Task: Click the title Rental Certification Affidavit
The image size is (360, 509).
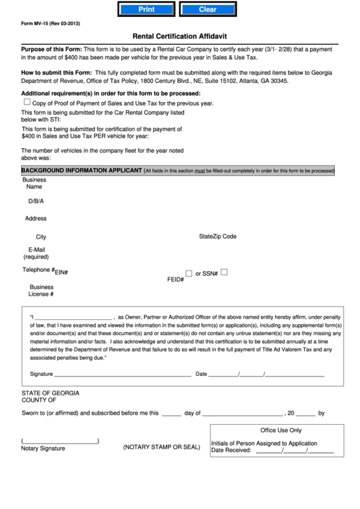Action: point(180,39)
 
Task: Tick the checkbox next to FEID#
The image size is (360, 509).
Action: point(189,273)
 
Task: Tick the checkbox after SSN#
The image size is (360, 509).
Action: point(223,273)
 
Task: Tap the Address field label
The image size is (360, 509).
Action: point(35,219)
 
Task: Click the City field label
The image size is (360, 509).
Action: point(41,237)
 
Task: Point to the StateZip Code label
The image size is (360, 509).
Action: point(217,236)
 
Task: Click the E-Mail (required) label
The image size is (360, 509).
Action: point(36,253)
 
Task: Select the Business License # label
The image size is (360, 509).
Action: point(41,290)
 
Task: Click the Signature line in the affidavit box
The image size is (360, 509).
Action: point(122,374)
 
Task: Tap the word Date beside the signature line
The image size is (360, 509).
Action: point(201,374)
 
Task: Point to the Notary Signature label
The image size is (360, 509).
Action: point(43,449)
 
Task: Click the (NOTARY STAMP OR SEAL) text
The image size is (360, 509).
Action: point(162,448)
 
